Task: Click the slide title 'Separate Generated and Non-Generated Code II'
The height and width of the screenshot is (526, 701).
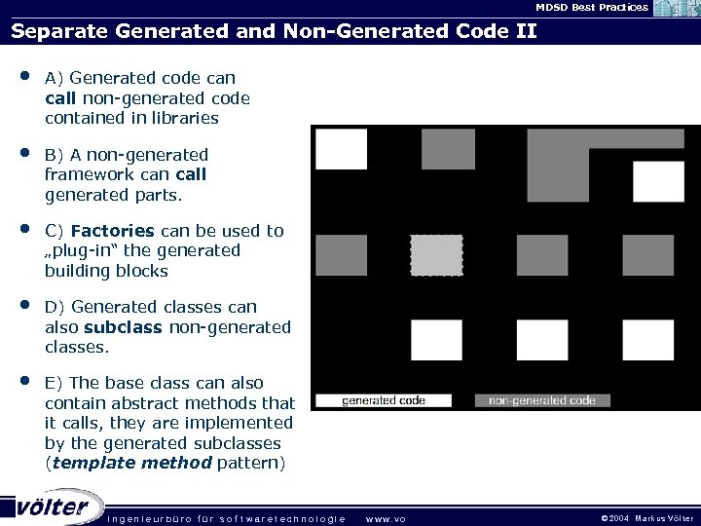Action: (x=274, y=29)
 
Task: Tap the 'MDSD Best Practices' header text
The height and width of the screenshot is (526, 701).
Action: (x=591, y=8)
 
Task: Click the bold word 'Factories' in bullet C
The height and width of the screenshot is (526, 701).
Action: (x=113, y=231)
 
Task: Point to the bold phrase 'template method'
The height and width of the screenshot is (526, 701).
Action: (x=131, y=463)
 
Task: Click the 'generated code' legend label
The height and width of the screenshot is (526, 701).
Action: (x=383, y=400)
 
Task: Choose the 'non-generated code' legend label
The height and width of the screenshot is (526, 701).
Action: (x=542, y=400)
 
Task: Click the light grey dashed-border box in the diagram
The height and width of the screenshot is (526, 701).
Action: (x=436, y=255)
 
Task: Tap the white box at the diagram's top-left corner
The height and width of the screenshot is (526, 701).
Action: (x=342, y=149)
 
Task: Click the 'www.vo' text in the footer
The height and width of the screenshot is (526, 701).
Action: (x=386, y=518)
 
